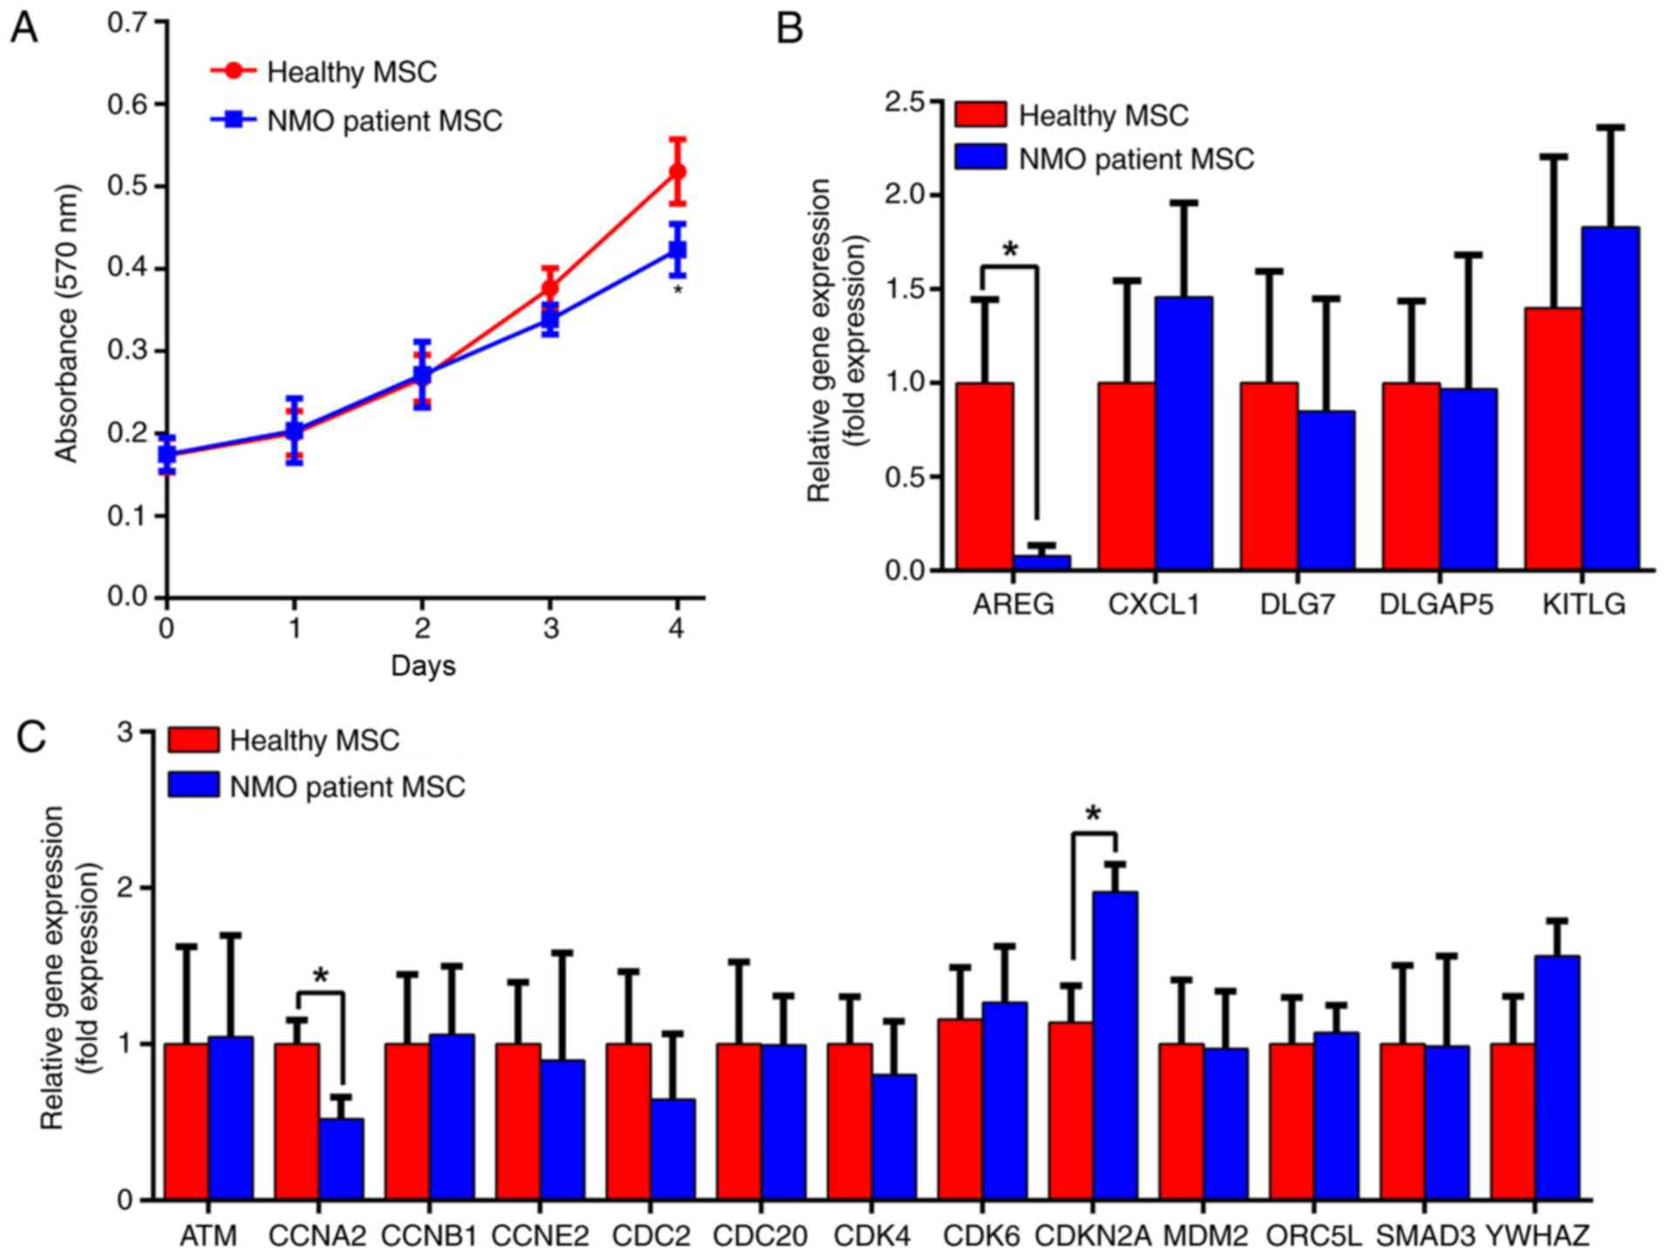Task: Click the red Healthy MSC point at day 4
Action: coord(677,172)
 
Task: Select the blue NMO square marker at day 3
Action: coord(549,319)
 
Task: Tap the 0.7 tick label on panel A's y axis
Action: coord(127,22)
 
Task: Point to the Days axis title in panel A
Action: coord(423,667)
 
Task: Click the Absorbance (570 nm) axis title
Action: coord(66,323)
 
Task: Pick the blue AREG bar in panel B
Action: coord(1041,562)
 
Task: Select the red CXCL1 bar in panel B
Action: coord(1126,476)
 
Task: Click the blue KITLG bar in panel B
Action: coord(1610,398)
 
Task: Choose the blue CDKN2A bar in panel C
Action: coord(1115,1045)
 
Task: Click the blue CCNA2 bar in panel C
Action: coord(341,1158)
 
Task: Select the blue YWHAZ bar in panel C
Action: coord(1557,1077)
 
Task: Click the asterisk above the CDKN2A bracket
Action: coord(1093,815)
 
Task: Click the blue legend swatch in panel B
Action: coord(980,158)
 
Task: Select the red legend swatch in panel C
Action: coord(193,740)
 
